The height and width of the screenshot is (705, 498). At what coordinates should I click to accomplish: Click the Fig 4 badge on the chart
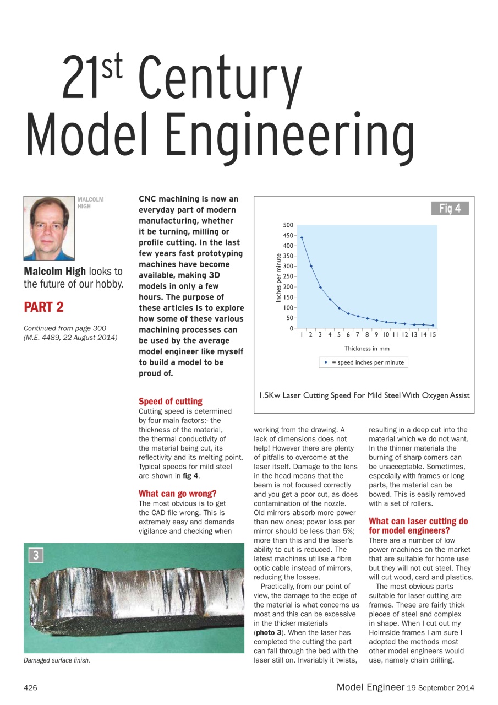tap(450, 208)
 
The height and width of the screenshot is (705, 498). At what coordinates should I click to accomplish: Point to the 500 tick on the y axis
tap(288, 225)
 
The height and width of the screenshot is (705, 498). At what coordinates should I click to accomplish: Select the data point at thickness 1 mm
tap(302, 237)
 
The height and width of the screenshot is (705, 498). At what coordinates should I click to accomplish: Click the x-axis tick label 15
tap(433, 334)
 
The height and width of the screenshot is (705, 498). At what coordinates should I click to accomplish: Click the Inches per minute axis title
tap(279, 277)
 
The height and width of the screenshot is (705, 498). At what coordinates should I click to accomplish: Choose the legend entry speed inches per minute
tap(364, 362)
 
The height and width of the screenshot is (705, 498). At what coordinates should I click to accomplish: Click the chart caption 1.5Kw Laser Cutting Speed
tap(364, 395)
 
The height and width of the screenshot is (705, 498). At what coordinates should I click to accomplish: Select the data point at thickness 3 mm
tap(320, 287)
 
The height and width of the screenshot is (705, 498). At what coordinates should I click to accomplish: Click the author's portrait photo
tap(49, 228)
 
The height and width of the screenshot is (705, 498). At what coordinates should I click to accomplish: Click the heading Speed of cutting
tap(171, 401)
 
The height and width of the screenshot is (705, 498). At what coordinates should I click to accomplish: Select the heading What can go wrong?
tap(177, 493)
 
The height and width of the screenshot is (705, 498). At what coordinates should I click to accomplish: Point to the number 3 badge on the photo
tap(35, 555)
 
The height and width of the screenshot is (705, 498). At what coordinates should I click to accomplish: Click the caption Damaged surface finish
tap(57, 661)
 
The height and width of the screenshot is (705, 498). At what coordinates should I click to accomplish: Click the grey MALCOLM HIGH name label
tap(90, 203)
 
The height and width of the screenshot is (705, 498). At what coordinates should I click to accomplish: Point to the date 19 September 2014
tap(441, 687)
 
